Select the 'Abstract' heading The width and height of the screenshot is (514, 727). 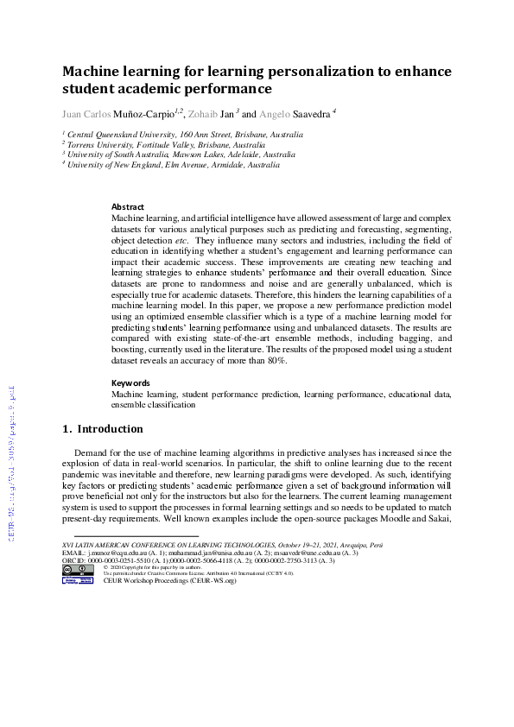(x=128, y=207)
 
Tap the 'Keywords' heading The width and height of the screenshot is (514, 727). (x=131, y=382)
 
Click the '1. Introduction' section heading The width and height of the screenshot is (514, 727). (x=103, y=429)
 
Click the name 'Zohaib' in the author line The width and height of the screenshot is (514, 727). (x=205, y=113)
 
